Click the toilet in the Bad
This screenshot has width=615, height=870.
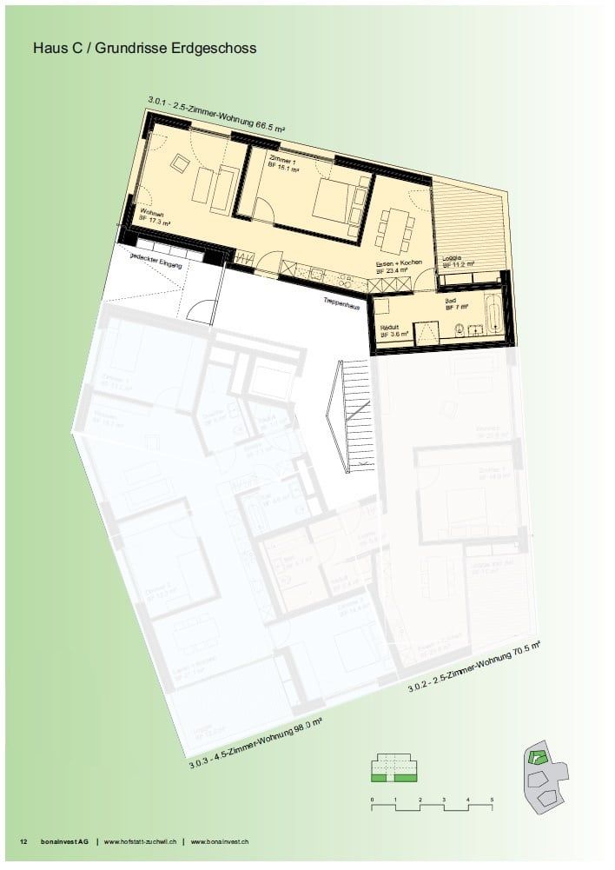click(x=456, y=329)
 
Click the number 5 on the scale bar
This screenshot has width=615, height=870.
click(x=492, y=798)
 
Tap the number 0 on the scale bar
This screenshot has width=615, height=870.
click(x=371, y=798)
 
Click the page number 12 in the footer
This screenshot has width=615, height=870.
click(x=23, y=841)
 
